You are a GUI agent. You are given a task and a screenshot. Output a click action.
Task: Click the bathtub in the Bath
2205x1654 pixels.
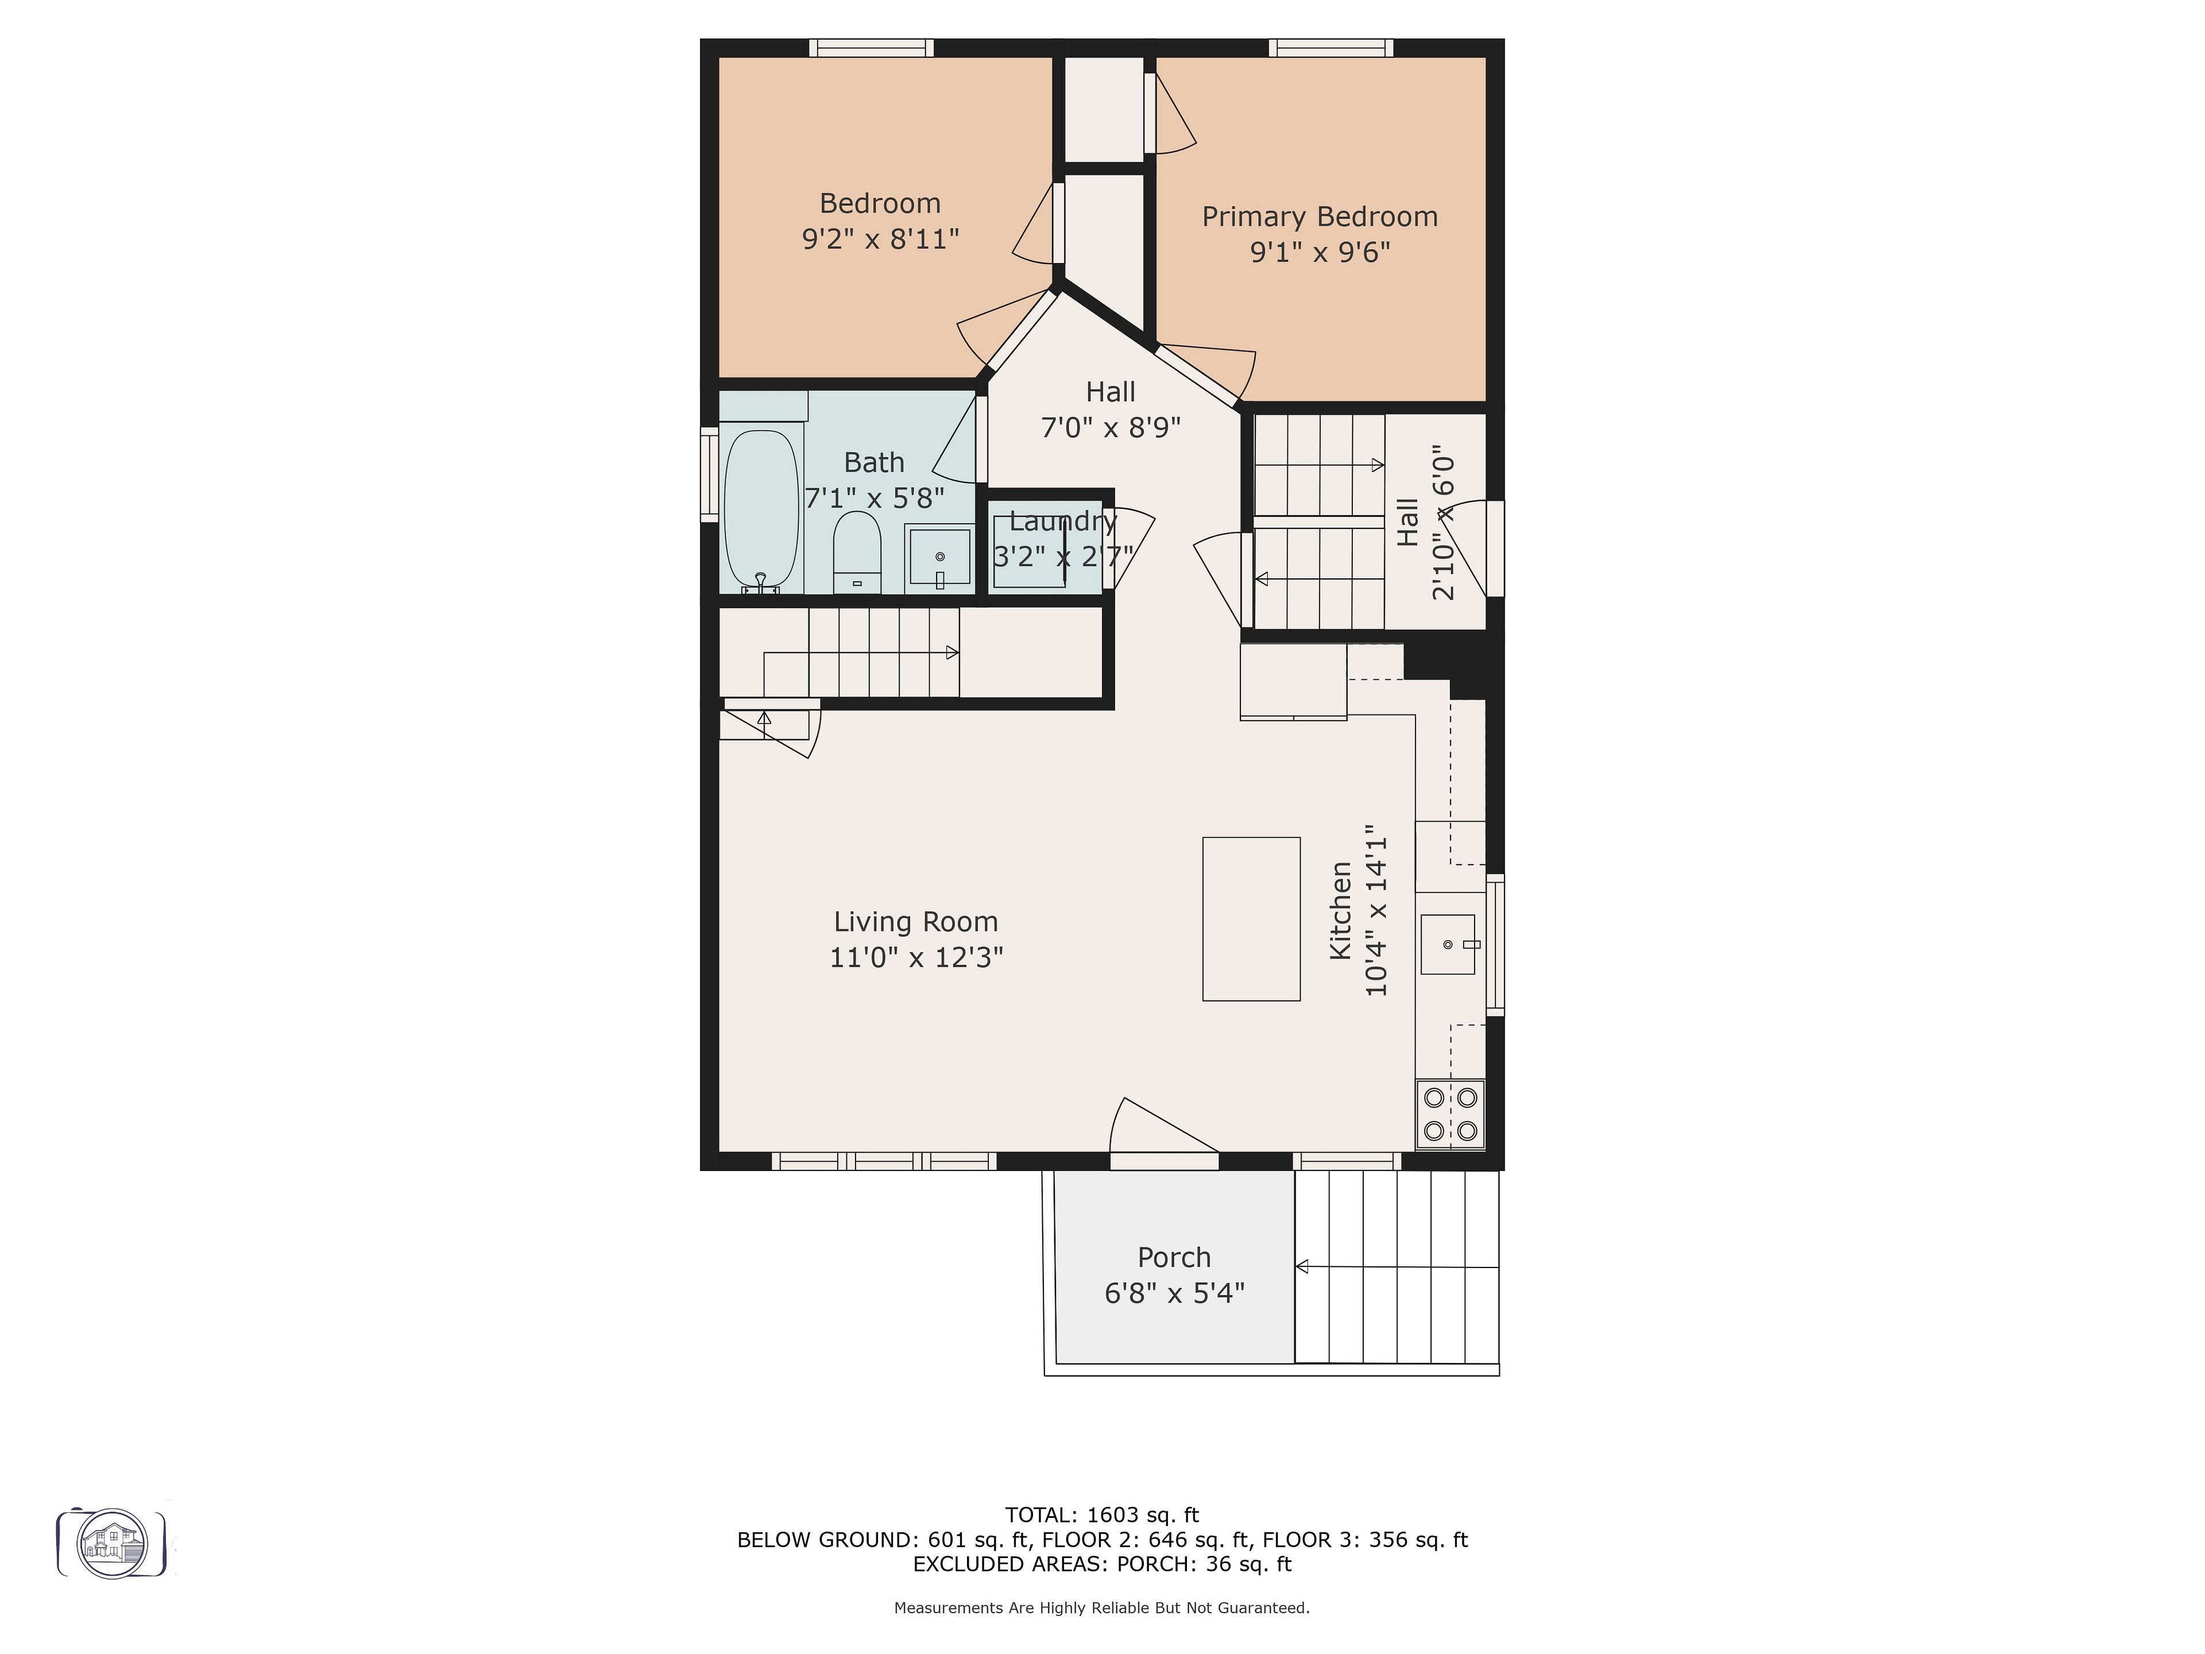pos(761,511)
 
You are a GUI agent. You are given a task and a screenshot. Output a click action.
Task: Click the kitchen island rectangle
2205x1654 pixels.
pos(1251,918)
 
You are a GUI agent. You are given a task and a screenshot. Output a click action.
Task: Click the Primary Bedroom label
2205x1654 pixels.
pos(1320,217)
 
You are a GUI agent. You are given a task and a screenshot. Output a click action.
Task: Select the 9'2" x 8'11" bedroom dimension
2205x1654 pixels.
pos(880,239)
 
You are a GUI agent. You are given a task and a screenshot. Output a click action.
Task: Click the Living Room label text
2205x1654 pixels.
pos(915,922)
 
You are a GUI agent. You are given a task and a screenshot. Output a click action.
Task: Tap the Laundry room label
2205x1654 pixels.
pos(1063,521)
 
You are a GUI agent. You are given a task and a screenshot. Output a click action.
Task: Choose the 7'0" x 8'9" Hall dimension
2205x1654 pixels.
pos(1111,428)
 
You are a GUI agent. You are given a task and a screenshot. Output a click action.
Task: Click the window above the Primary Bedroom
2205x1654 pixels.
pos(1331,47)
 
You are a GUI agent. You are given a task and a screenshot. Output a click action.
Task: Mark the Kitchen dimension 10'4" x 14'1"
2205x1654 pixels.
pos(1376,910)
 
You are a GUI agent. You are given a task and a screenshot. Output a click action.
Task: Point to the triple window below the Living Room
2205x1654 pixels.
pos(884,1161)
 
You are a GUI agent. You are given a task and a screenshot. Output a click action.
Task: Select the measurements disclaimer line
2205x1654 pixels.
pos(1101,1607)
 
